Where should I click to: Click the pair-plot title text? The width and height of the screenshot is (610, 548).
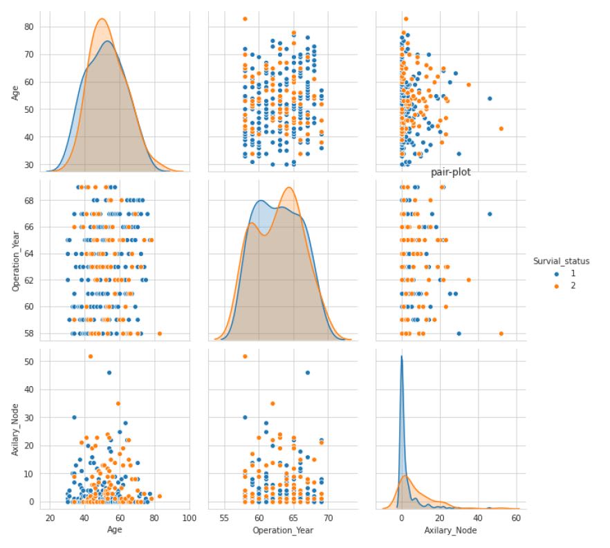click(450, 172)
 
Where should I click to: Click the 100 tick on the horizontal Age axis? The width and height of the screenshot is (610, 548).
click(189, 517)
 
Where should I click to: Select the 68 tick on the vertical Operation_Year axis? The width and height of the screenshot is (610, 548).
click(28, 200)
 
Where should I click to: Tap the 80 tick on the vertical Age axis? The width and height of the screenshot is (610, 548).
click(28, 26)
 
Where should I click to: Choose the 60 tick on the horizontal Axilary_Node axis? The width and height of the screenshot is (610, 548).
click(515, 517)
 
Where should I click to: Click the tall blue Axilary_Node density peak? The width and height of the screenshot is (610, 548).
click(401, 357)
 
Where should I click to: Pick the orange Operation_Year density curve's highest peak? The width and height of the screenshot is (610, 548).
click(289, 188)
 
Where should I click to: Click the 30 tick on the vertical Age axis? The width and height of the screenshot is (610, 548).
click(28, 165)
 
